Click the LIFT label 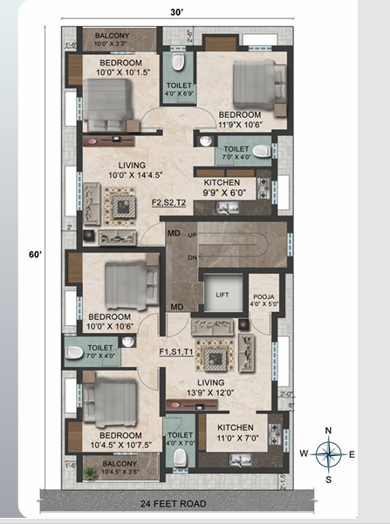click(x=222, y=295)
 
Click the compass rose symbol click(x=328, y=453)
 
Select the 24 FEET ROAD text click(x=177, y=504)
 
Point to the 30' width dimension click(x=178, y=11)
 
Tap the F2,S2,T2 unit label click(x=169, y=202)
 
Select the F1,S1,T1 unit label click(x=178, y=352)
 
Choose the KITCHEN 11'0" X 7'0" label click(x=236, y=432)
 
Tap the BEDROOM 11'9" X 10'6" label click(x=240, y=119)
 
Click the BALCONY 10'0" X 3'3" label click(x=113, y=38)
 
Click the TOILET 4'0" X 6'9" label click(x=181, y=90)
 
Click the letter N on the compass click(x=328, y=430)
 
